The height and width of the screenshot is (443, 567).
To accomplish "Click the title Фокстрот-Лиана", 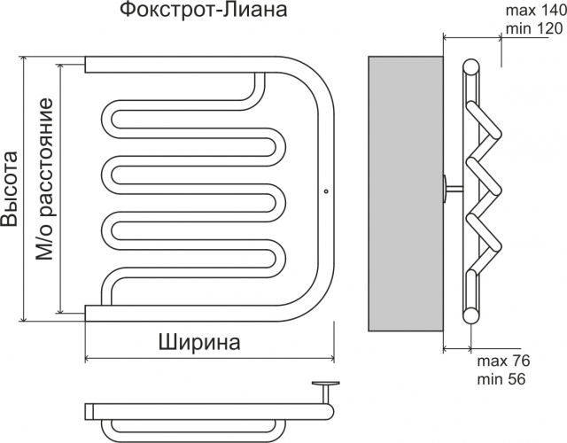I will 203,12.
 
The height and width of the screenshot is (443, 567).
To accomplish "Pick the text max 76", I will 502,361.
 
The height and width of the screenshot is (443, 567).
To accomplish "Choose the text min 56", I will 501,379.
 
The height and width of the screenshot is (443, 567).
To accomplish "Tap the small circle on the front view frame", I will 325,189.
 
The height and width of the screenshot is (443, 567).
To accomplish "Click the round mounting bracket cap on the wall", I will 444,189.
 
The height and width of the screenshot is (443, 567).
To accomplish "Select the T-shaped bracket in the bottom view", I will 326,390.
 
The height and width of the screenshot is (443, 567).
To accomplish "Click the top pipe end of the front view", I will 89,64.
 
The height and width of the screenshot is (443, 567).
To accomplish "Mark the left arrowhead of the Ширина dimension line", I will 87,358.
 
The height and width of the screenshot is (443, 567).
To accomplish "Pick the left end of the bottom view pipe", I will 89,410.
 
